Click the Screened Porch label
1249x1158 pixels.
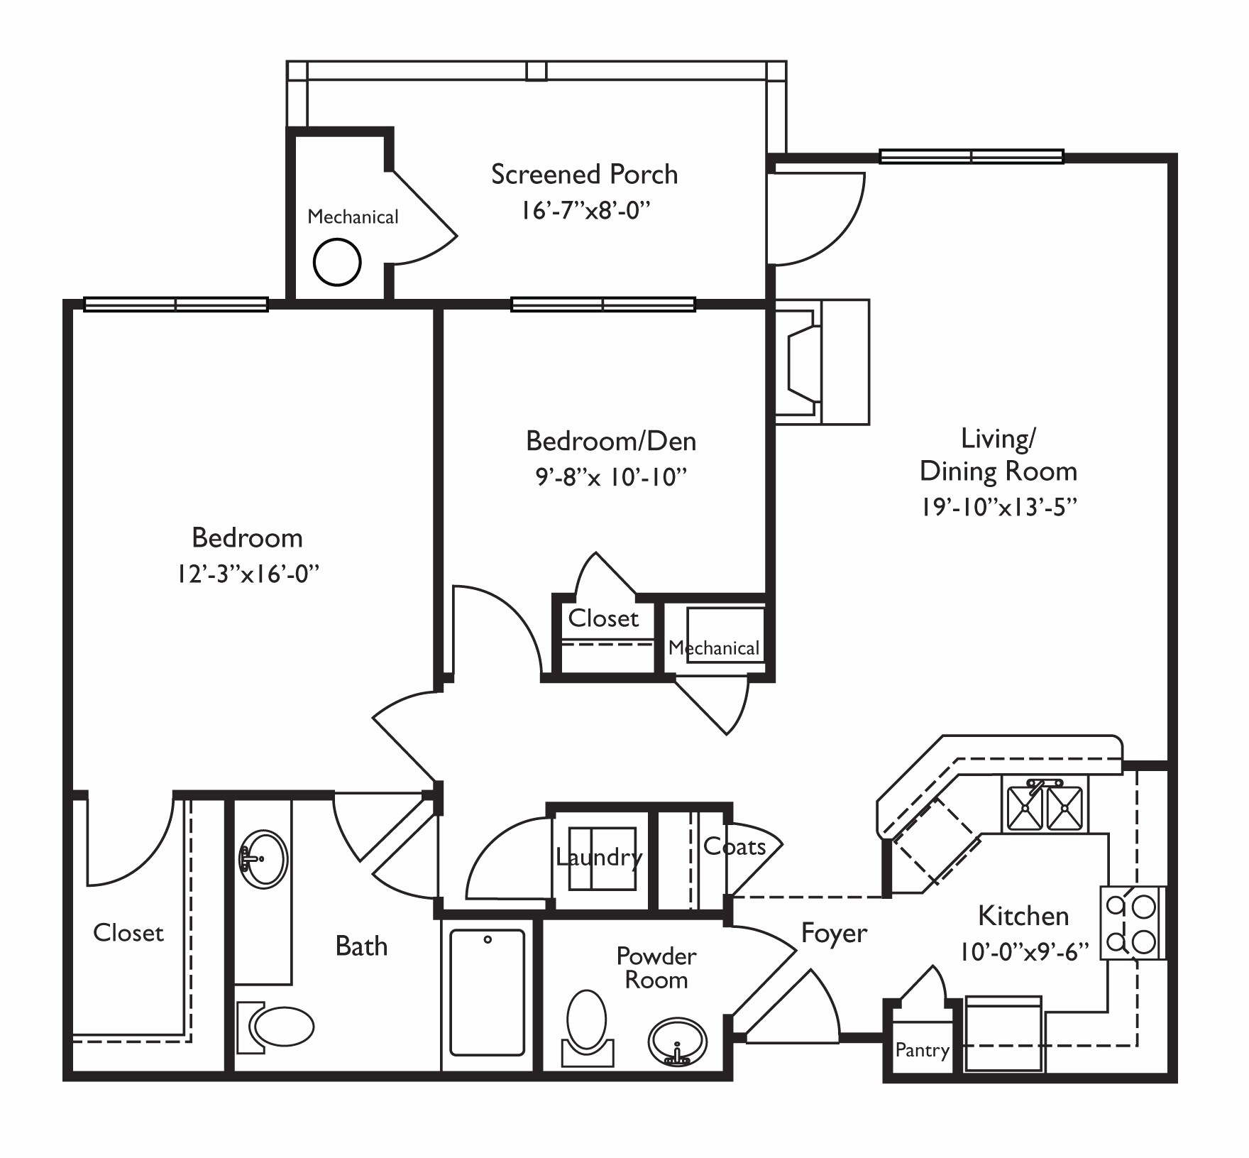[584, 175]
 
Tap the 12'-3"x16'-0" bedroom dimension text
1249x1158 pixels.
[248, 574]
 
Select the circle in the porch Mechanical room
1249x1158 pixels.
[337, 262]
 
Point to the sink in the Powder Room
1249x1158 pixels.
[678, 1042]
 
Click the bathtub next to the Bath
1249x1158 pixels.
[488, 993]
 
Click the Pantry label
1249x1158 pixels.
[922, 1050]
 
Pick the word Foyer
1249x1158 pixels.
[834, 934]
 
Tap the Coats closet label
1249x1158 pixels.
[734, 847]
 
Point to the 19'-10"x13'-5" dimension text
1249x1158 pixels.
[999, 507]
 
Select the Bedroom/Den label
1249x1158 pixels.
[611, 442]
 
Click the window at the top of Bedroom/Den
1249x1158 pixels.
[603, 305]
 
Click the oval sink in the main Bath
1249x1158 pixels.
[263, 858]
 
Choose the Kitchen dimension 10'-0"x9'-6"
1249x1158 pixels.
[1024, 951]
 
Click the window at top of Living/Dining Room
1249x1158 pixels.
[971, 156]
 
